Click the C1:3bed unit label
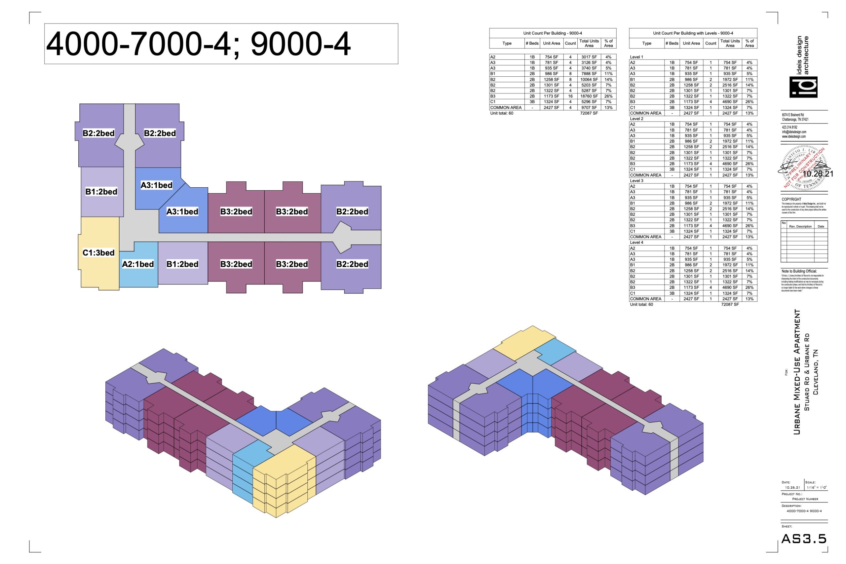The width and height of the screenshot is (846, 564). [x=98, y=252]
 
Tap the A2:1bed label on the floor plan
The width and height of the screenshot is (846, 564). [x=138, y=264]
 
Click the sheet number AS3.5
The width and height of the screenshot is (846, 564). [x=804, y=539]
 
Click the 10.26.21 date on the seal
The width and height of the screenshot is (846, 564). [x=818, y=174]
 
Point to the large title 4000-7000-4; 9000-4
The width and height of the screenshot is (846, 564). [x=198, y=44]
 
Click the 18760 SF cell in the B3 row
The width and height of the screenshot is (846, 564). [x=589, y=96]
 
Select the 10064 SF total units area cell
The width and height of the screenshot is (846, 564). [x=589, y=80]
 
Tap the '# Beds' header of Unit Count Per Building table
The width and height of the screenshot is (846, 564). [x=532, y=44]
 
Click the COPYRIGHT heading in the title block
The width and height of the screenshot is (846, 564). [x=791, y=199]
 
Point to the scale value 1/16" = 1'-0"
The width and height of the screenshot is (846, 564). [x=816, y=487]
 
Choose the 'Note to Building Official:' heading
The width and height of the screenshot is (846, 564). [x=799, y=271]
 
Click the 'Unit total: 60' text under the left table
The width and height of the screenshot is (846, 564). [x=501, y=113]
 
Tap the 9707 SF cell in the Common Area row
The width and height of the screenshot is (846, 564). [x=589, y=108]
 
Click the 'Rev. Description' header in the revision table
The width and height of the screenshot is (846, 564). [x=800, y=226]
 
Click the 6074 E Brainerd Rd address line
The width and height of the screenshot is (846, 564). [x=792, y=115]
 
